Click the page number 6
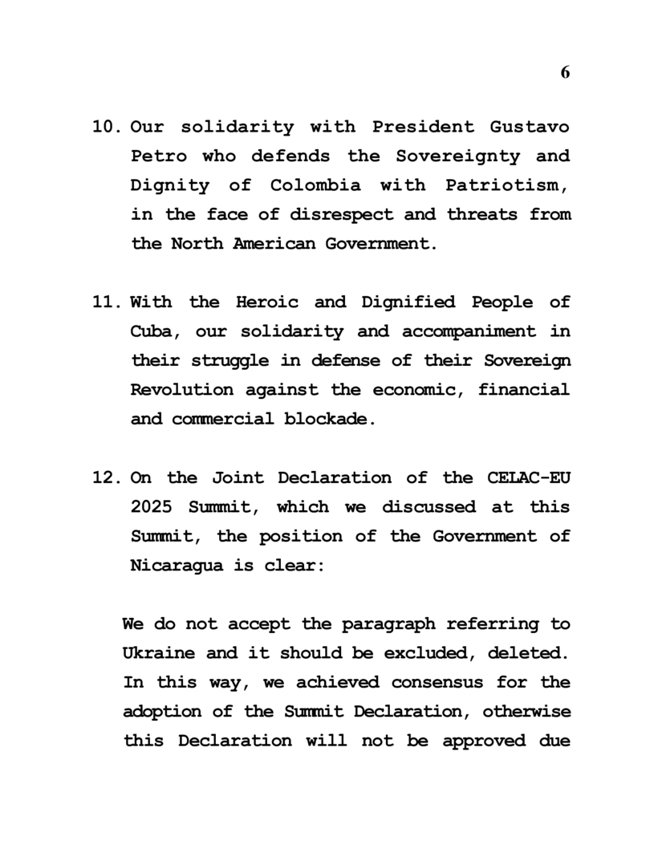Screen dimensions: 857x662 565,72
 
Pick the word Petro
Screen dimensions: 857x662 157,156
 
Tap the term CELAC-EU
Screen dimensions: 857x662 530,478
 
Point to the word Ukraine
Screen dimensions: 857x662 156,653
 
